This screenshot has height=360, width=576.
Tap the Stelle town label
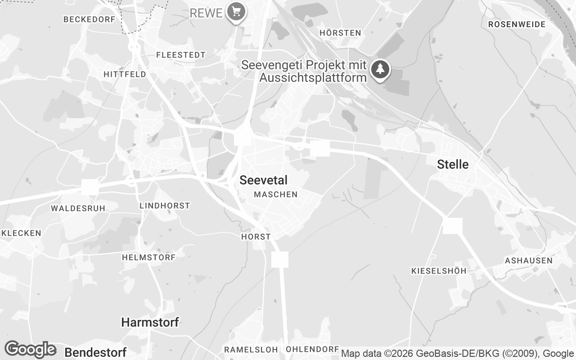click(453, 165)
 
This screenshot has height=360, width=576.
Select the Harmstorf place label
click(150, 322)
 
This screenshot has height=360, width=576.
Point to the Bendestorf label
click(95, 351)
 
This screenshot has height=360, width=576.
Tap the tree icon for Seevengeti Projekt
click(381, 70)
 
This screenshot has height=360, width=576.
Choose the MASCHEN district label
click(276, 194)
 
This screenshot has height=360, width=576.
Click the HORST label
click(256, 237)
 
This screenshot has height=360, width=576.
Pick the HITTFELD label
click(125, 74)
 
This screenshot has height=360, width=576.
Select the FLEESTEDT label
click(180, 55)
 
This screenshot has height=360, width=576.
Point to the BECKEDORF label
click(90, 19)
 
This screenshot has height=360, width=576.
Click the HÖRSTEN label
click(340, 33)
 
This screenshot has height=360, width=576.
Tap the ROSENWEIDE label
click(517, 24)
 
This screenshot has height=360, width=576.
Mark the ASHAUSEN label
click(528, 261)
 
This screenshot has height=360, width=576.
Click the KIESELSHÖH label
click(439, 271)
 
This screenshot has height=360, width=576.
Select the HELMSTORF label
click(148, 257)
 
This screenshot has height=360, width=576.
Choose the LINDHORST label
click(165, 206)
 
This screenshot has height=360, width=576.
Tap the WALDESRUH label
click(78, 208)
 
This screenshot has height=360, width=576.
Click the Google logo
click(30, 349)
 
